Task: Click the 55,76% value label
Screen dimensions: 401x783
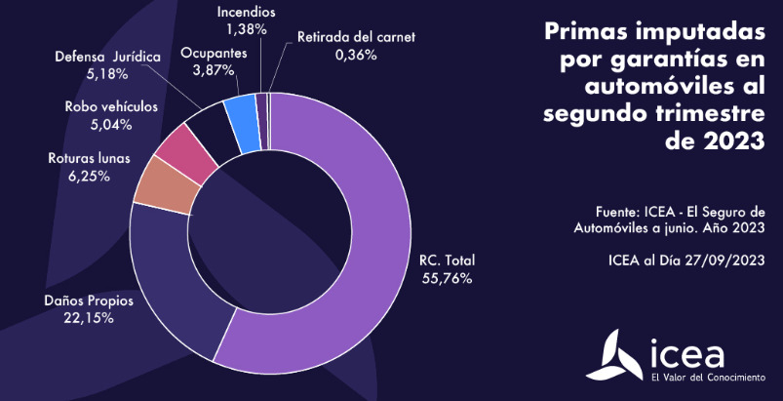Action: pyautogui.click(x=446, y=278)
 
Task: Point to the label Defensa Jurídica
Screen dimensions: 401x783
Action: pyautogui.click(x=106, y=57)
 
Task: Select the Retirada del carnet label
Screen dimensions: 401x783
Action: pyautogui.click(x=356, y=37)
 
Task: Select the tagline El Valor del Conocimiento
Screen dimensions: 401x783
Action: pyautogui.click(x=707, y=376)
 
